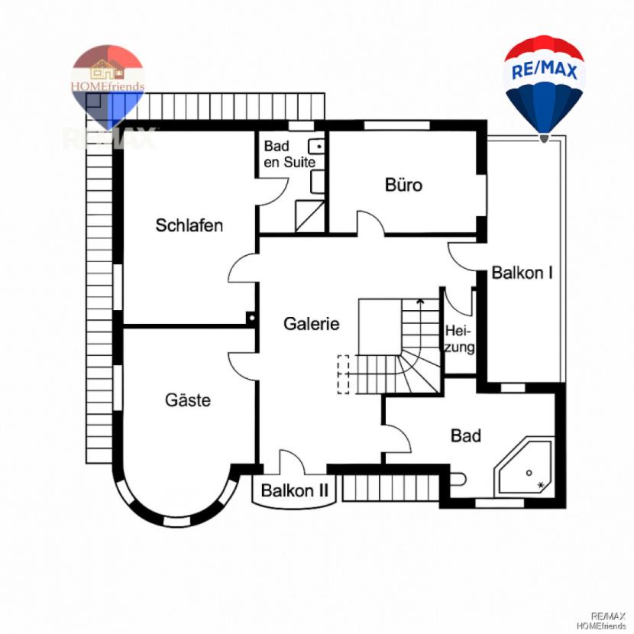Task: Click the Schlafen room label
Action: (189, 225)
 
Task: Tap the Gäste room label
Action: (188, 399)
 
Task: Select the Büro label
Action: (403, 185)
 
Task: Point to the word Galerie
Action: (312, 323)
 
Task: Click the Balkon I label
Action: (522, 273)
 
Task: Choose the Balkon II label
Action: (294, 490)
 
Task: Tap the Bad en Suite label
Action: (289, 154)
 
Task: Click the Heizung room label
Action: (459, 339)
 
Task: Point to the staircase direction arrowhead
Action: (420, 301)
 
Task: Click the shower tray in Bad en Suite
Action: (310, 216)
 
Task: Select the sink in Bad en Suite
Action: (316, 147)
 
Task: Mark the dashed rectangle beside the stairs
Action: (343, 374)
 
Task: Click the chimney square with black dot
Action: (251, 318)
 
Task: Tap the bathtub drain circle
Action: (529, 473)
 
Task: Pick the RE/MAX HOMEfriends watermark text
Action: (602, 621)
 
